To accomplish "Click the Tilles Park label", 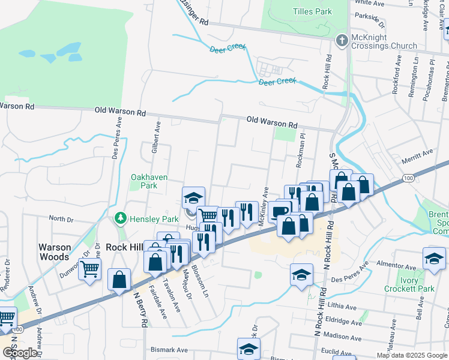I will tap(312, 11).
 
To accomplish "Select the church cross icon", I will tap(342, 41).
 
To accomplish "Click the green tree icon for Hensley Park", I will tap(121, 217).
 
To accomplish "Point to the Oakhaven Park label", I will tap(149, 182).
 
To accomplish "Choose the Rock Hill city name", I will tap(122, 247).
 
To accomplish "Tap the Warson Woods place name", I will tap(55, 251).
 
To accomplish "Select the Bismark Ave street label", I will tap(169, 350).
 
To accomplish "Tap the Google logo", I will tap(20, 353).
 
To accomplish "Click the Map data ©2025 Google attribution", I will tap(412, 355).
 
